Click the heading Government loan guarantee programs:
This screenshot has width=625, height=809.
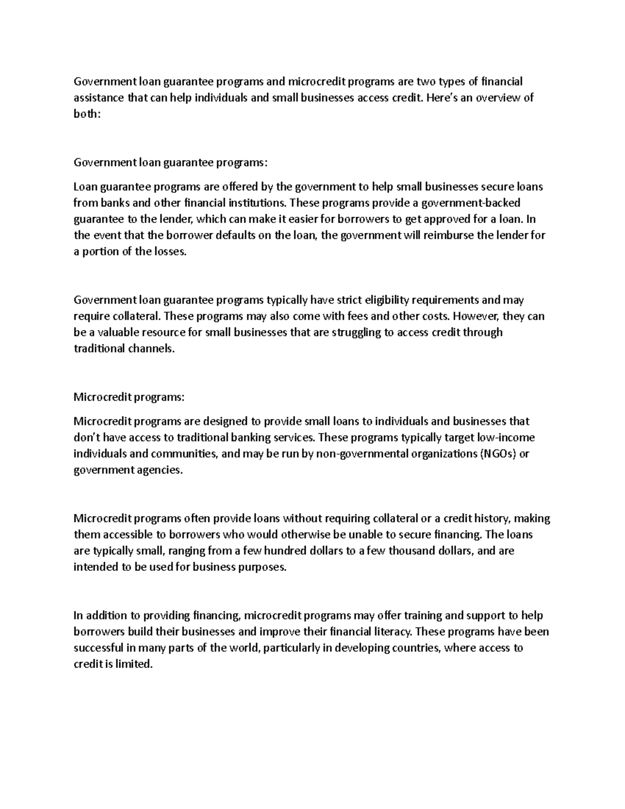click(x=170, y=163)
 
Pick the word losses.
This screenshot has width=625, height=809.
click(x=168, y=251)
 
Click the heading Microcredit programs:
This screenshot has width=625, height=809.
click(x=129, y=397)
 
